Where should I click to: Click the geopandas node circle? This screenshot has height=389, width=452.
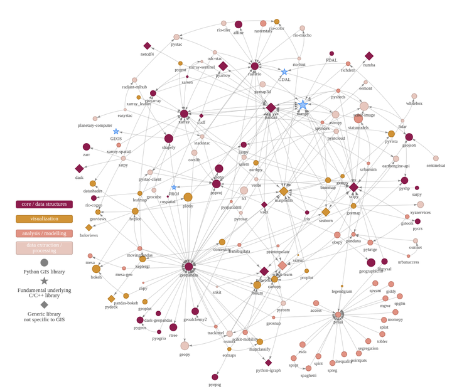point(188,267)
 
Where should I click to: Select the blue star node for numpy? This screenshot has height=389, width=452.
point(303,105)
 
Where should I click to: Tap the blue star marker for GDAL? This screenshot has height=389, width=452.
point(284,72)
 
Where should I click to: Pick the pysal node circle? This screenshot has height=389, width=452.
point(338,315)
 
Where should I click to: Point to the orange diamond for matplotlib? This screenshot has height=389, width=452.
point(284,191)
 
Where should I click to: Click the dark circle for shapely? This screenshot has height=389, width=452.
point(168,139)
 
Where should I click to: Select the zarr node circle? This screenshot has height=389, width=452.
point(87,147)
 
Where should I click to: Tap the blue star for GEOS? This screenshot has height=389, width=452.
point(116,131)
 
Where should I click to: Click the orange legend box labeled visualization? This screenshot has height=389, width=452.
point(44,219)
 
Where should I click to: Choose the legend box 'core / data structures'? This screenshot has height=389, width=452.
point(44,204)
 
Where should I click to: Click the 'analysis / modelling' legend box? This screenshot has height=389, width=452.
point(44,233)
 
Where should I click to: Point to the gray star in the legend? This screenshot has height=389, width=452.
point(44,281)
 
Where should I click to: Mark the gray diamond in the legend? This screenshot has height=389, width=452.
point(44,304)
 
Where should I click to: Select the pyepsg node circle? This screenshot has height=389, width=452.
point(215,377)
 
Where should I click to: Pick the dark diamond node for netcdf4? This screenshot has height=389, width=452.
point(148,46)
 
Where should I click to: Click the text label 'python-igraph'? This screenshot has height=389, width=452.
point(268,370)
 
